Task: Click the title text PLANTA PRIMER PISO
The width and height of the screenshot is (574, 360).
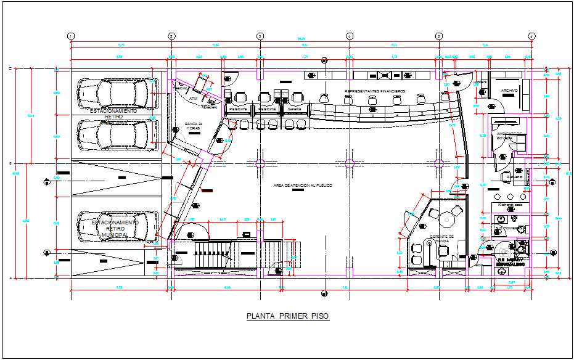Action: click(287, 316)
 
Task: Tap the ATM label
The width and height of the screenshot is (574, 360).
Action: click(193, 98)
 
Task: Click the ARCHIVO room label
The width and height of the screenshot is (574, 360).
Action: click(509, 91)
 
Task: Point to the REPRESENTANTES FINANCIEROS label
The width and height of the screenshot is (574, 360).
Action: click(374, 91)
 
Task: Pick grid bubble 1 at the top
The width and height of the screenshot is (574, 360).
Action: click(71, 36)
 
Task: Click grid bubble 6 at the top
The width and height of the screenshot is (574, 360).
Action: click(531, 36)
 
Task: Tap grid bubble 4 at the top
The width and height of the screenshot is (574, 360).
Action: click(349, 36)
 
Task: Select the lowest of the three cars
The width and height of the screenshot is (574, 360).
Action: click(123, 226)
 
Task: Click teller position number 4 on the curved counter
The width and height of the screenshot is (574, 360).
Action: click(398, 115)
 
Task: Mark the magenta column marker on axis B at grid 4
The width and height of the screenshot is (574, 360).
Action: click(349, 163)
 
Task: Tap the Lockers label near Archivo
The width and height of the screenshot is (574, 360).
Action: click(482, 82)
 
